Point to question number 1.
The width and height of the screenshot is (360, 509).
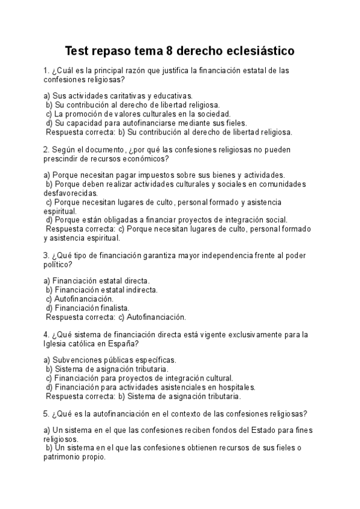[x=46, y=70]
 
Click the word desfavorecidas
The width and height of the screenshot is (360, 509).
[x=70, y=193]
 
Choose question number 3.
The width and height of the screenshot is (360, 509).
[x=46, y=254]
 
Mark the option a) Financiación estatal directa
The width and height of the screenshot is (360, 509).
[x=97, y=280]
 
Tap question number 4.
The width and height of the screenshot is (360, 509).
[x=46, y=334]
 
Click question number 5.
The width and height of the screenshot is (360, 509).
[x=46, y=414]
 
